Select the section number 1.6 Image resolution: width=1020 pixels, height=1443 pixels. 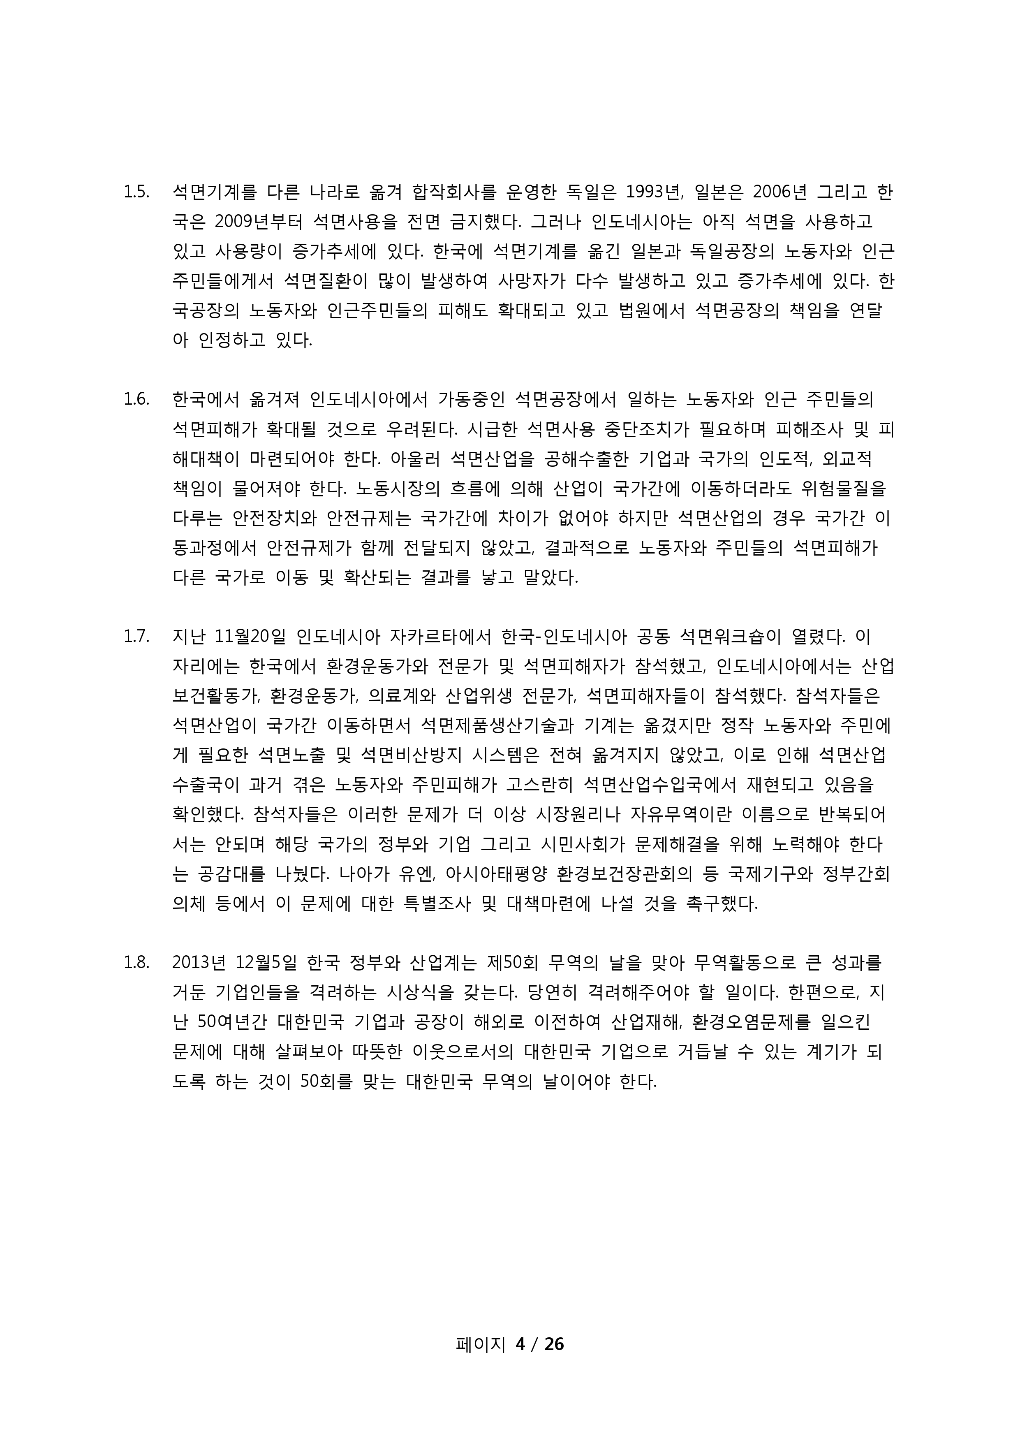(x=136, y=399)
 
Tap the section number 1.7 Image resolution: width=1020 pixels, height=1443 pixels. (x=136, y=637)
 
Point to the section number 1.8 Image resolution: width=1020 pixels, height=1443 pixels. (x=136, y=962)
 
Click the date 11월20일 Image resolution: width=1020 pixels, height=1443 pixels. (x=250, y=637)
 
